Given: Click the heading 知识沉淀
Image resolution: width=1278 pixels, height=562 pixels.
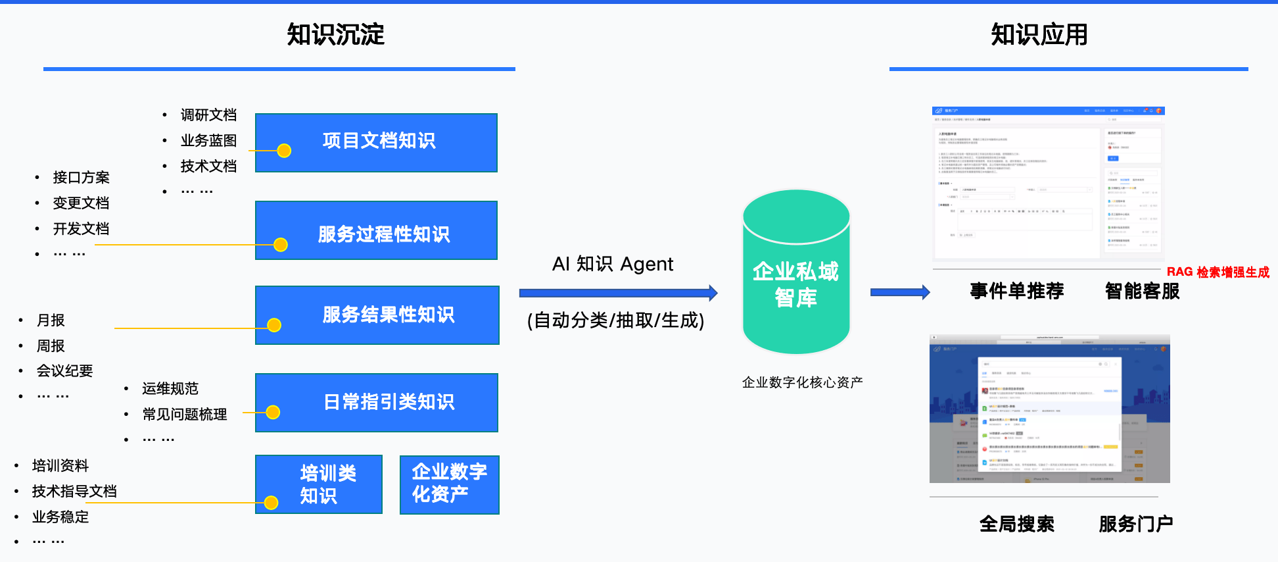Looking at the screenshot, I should tap(335, 34).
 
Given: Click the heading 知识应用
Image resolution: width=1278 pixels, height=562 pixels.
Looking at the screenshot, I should tap(1039, 34).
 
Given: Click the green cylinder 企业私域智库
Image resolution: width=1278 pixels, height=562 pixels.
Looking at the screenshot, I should tap(796, 276).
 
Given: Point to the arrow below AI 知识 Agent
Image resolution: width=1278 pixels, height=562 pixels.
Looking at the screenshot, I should tap(618, 293).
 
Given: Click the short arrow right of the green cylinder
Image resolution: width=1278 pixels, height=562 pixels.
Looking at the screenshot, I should tap(899, 292).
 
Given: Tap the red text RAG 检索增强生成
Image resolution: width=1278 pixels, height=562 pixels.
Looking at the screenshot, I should tap(1218, 272).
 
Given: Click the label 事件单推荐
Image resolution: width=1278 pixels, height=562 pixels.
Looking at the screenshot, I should tap(1016, 291).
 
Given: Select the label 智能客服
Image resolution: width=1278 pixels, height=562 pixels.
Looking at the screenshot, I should tap(1142, 291).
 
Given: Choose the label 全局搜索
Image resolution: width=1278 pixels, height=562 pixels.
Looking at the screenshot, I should tap(1016, 524).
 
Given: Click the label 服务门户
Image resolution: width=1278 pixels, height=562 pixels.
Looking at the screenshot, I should tap(1135, 524).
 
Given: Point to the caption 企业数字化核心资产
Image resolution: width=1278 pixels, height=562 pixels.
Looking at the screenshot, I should tap(802, 382).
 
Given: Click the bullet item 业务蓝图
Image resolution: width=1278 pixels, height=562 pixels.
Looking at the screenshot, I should tap(208, 141).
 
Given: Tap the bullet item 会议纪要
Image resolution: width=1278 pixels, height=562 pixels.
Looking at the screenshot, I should tap(64, 371).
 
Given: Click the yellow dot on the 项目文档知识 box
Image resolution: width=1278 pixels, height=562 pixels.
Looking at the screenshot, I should tap(284, 151).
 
